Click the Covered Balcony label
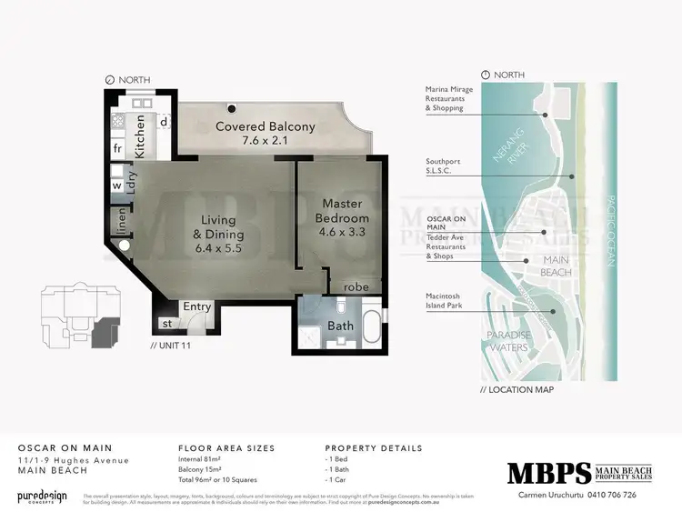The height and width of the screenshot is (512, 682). tap(265, 126)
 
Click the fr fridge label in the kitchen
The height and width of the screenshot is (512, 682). tap(117, 147)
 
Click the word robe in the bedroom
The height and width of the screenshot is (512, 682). tap(356, 286)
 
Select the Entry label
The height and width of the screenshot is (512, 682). tap(197, 306)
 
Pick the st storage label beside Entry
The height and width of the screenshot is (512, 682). tap(167, 323)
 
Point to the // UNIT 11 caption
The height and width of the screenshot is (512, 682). tap(172, 346)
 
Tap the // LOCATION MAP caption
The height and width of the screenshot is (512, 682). tap(517, 389)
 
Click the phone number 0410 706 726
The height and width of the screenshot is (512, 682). tap(629, 495)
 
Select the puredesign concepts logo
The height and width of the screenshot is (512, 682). tap(43, 497)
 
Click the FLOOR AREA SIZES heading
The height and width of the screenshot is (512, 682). tap(227, 448)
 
